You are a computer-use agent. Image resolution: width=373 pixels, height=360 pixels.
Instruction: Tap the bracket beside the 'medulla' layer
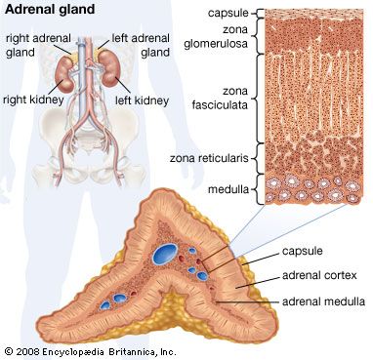coord(257,188)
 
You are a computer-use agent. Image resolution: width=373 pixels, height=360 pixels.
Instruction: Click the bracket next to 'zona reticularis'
coord(257,156)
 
